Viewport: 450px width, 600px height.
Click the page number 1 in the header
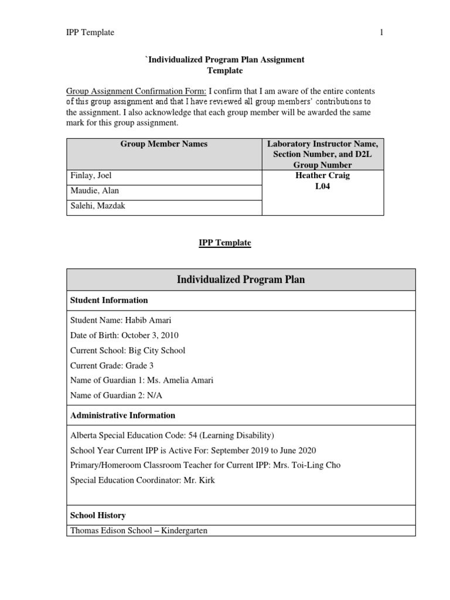pos(381,33)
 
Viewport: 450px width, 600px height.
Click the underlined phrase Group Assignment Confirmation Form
pos(136,91)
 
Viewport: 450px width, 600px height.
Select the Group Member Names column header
pos(163,144)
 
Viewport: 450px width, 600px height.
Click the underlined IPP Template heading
pos(224,243)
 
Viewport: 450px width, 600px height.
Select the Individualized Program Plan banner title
pos(241,279)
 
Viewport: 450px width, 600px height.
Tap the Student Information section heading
pos(109,300)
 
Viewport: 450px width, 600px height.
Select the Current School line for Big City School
pos(128,350)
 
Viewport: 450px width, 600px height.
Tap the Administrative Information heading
pos(122,415)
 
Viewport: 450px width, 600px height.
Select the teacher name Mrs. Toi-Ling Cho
pos(302,465)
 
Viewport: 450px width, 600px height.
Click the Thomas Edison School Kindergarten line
pos(139,531)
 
